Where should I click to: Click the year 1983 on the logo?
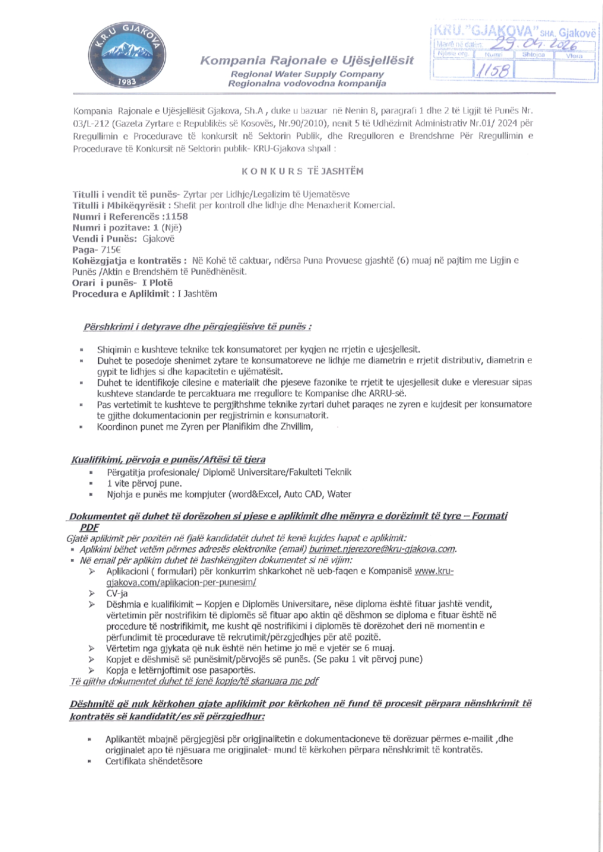tap(127, 82)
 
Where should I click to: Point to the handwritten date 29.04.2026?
tap(533, 45)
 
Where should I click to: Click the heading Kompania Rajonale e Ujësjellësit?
tap(307, 61)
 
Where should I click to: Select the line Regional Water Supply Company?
tap(307, 74)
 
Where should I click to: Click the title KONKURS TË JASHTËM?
tap(302, 171)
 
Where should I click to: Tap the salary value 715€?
tap(110, 250)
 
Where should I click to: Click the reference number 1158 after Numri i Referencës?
tap(176, 217)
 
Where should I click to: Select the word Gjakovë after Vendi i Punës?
tap(158, 239)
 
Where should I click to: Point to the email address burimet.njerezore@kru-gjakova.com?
tap(382, 549)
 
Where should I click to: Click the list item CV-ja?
tap(117, 593)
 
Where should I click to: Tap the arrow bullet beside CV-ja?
tap(91, 593)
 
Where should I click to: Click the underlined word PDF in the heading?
tap(89, 527)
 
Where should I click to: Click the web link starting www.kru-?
tap(434, 571)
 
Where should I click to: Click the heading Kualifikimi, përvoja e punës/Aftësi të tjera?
tap(168, 459)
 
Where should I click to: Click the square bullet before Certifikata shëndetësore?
tap(89, 761)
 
